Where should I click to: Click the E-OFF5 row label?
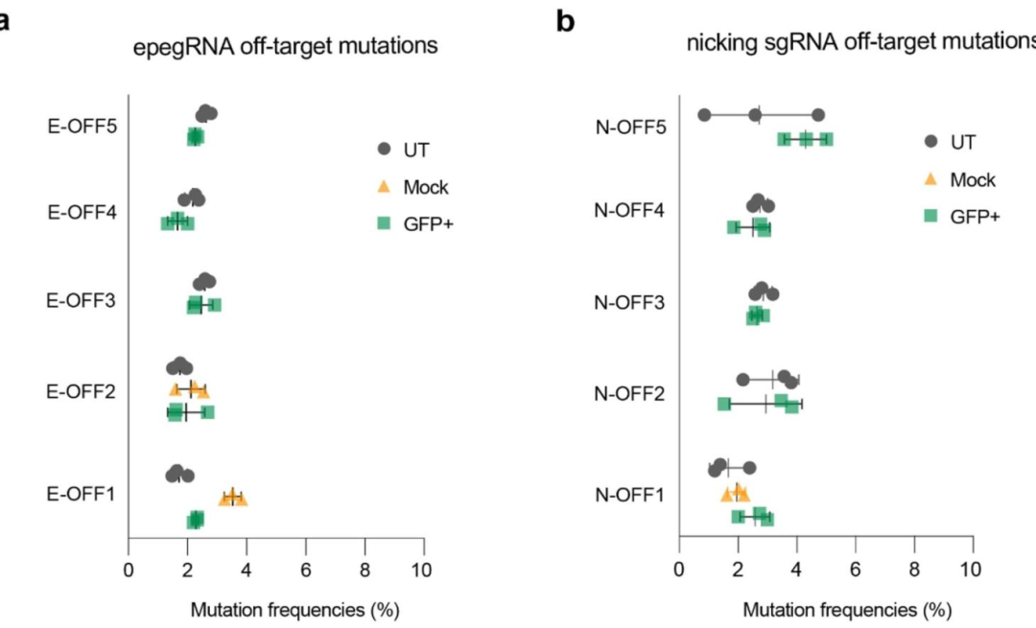coord(81,125)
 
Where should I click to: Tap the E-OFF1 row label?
coord(81,495)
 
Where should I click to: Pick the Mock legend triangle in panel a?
coord(385,187)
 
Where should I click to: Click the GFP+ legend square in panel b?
coord(930,217)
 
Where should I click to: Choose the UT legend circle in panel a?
coord(385,149)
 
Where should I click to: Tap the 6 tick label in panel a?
coord(305,573)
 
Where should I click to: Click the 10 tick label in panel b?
coord(972,573)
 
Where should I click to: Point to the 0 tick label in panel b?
coord(678,573)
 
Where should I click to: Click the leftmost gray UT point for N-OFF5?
coord(704,115)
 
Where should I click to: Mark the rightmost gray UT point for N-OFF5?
coord(818,115)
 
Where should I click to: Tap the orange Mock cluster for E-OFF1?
coord(232,497)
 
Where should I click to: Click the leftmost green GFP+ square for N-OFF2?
coord(723,405)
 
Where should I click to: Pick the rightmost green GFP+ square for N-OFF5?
coord(826,139)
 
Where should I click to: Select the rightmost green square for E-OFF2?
coord(207,412)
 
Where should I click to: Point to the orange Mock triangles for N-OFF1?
coord(736,493)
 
